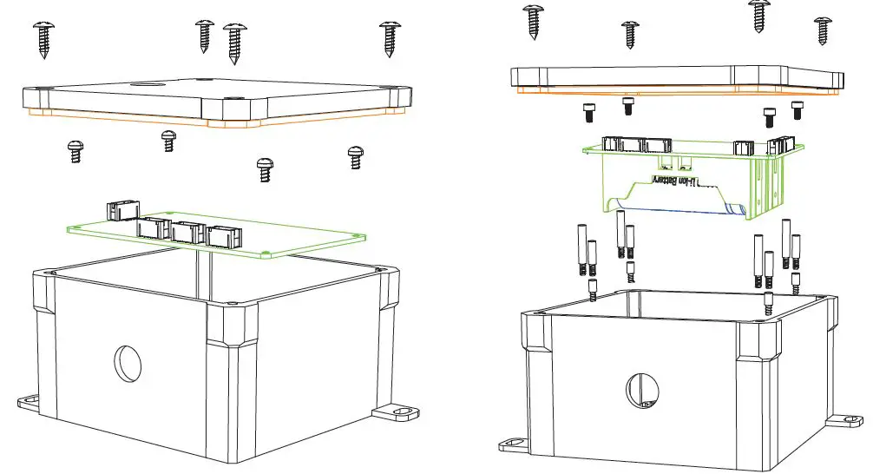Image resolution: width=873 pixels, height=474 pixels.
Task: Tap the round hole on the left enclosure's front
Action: pos(128,362)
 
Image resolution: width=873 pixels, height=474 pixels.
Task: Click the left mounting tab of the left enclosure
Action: pos(31,402)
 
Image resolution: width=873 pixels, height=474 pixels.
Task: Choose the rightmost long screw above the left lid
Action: pos(389,37)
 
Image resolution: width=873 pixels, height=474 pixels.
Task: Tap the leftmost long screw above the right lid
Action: pos(533,21)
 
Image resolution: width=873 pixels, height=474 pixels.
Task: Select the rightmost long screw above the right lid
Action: pos(823,30)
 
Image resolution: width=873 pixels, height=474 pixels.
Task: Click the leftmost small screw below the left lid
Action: pos(75,151)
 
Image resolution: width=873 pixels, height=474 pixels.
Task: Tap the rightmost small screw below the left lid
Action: pos(355,156)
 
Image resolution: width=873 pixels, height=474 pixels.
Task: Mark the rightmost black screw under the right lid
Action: pos(798,109)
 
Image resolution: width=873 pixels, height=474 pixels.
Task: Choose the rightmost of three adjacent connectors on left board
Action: pos(222,234)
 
